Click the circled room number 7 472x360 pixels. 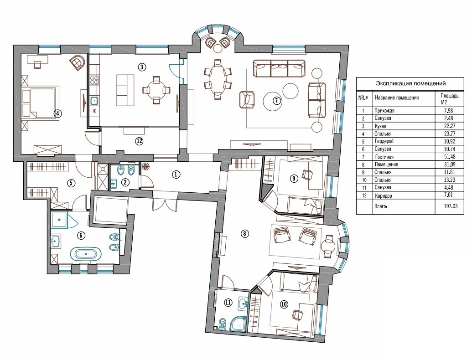277,100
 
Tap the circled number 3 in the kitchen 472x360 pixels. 142,67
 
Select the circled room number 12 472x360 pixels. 139,141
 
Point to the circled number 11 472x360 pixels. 228,303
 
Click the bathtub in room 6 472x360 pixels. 86,253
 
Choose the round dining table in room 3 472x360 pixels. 156,90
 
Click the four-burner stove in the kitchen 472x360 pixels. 94,80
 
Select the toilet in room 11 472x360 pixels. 222,324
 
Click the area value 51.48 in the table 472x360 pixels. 449,157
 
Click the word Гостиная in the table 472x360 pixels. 384,157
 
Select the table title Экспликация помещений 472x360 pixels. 410,83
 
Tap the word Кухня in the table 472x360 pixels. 380,126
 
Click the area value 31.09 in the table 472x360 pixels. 449,165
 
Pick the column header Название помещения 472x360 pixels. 396,98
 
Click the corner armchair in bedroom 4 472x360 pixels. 77,62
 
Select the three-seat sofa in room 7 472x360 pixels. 279,68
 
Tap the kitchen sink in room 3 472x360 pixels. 94,100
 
